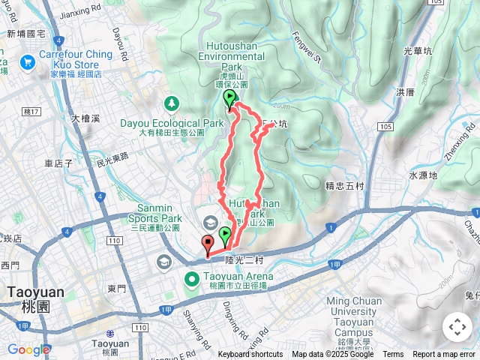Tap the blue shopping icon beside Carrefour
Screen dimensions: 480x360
coord(28,61)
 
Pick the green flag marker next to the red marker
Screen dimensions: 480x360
coord(224,237)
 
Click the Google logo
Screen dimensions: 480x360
coord(28,349)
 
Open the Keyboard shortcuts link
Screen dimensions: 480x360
coord(250,355)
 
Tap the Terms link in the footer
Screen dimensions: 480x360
coord(393,355)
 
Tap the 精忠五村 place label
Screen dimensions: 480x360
coord(345,184)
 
